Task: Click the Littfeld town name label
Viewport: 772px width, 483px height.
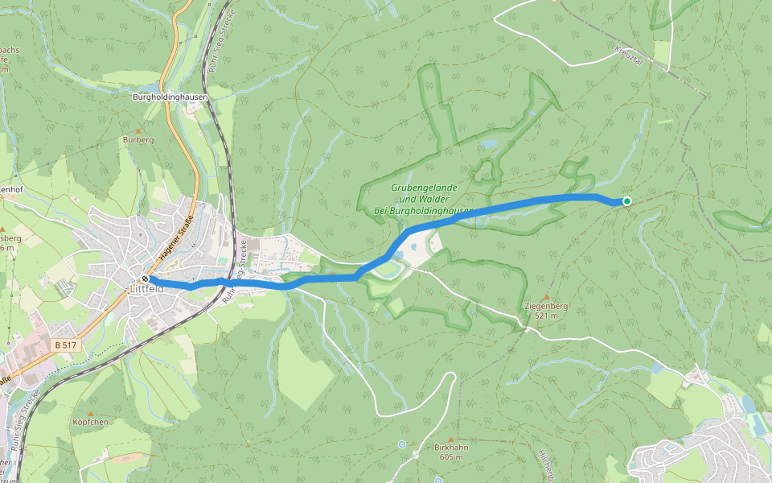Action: pyautogui.click(x=146, y=289)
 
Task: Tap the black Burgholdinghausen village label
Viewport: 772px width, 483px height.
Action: pyautogui.click(x=170, y=97)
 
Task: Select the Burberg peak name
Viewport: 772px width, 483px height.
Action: pyautogui.click(x=138, y=140)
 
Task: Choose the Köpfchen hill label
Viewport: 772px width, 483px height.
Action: pyautogui.click(x=90, y=422)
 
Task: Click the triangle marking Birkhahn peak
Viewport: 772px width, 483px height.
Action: pyautogui.click(x=450, y=439)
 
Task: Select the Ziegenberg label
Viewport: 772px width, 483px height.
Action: pyautogui.click(x=546, y=307)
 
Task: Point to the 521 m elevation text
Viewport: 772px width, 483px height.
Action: pyautogui.click(x=546, y=316)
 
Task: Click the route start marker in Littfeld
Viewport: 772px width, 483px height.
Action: pyautogui.click(x=146, y=279)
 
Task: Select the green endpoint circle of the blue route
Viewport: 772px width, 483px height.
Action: pyautogui.click(x=626, y=201)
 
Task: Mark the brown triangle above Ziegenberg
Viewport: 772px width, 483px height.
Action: pyautogui.click(x=546, y=297)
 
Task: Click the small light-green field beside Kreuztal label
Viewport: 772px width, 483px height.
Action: pyautogui.click(x=661, y=53)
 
